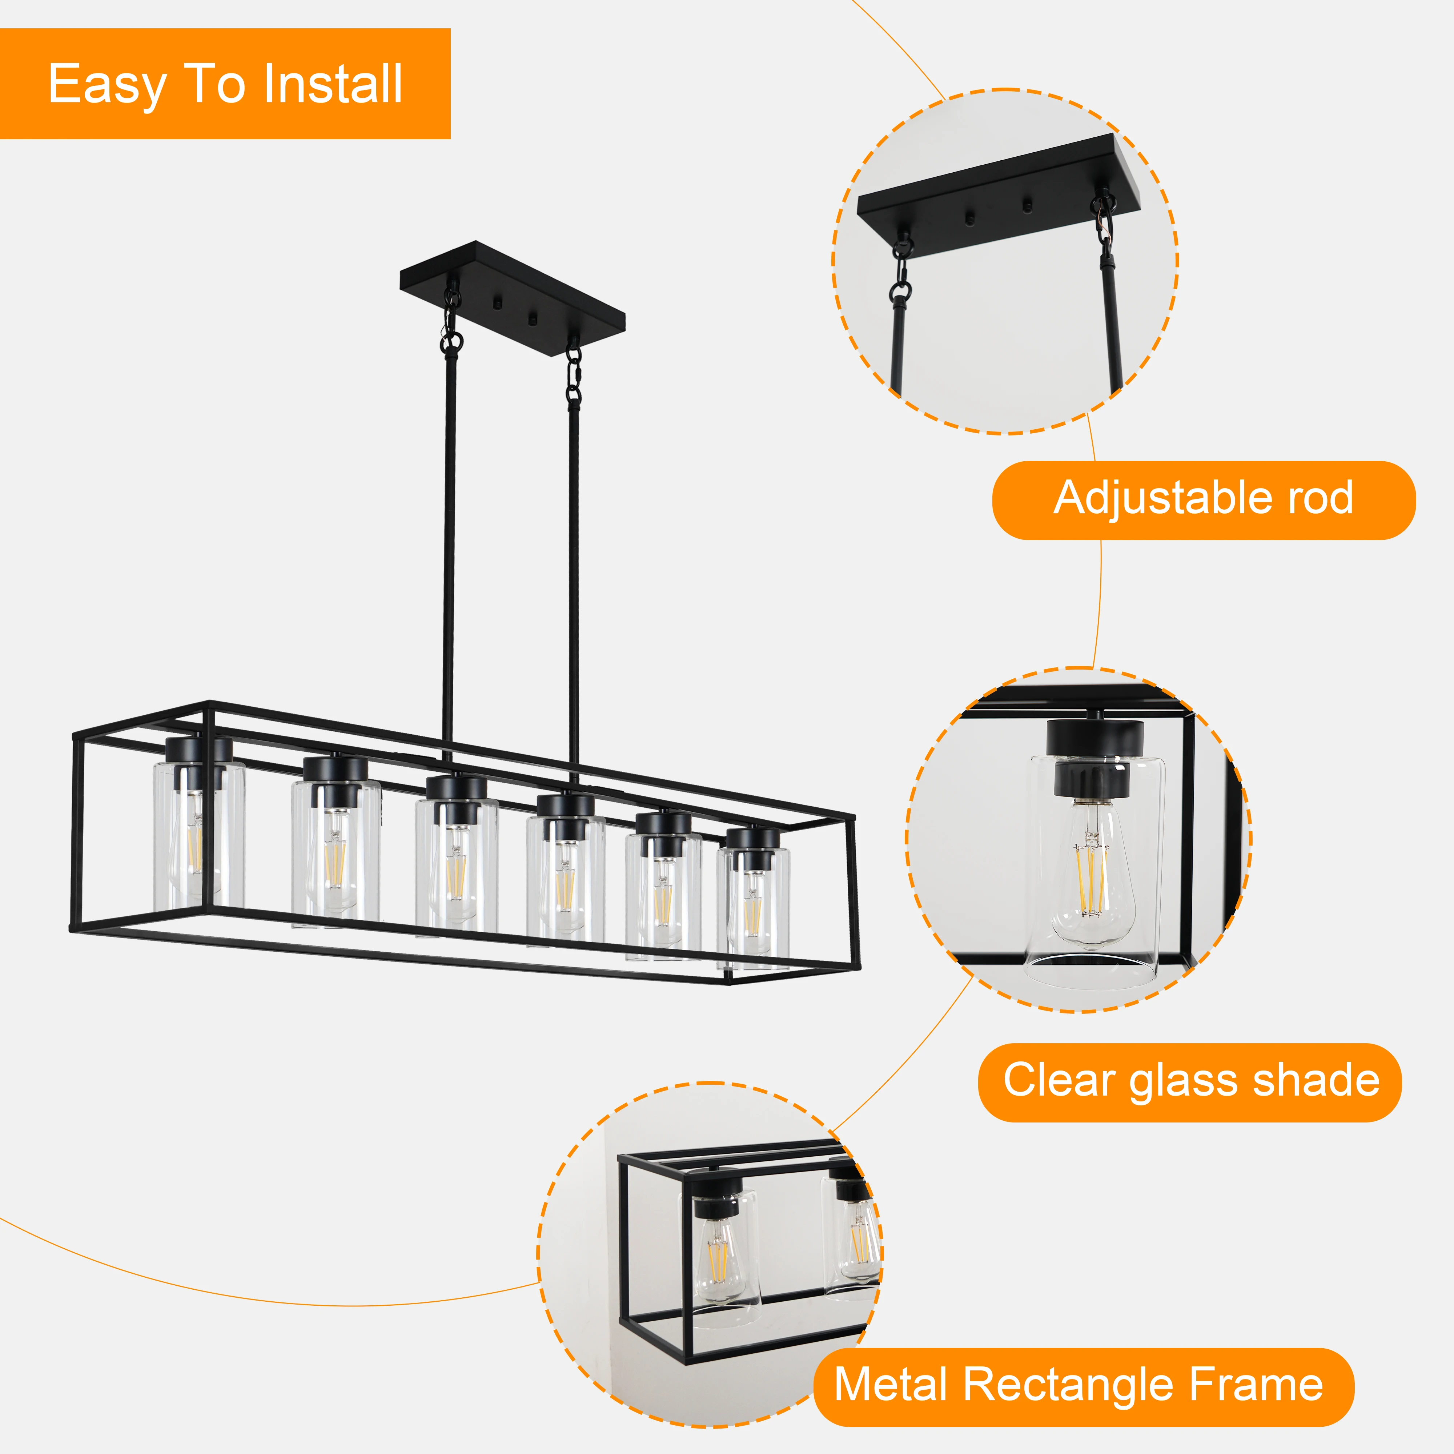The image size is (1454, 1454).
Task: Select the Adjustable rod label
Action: coord(1204,499)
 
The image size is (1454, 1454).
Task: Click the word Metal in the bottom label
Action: coord(890,1386)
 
